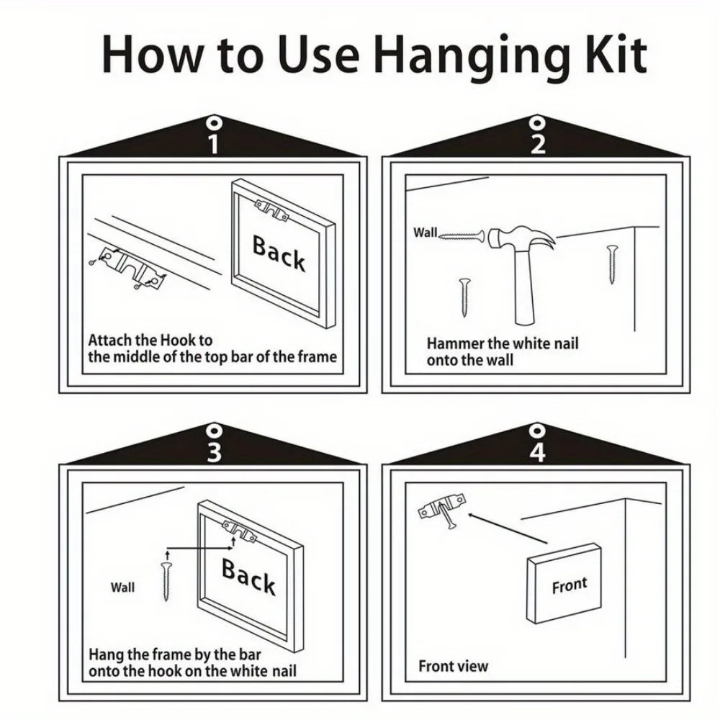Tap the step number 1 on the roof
[214, 144]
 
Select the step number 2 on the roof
[538, 144]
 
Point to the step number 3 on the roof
[214, 452]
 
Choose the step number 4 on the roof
[538, 452]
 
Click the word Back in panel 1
[279, 253]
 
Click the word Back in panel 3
[248, 576]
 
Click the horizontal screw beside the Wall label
[461, 236]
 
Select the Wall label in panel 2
[426, 233]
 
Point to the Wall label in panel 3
[122, 588]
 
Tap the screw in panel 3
[166, 581]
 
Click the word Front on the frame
[570, 585]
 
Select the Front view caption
[453, 666]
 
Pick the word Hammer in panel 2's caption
[454, 343]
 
